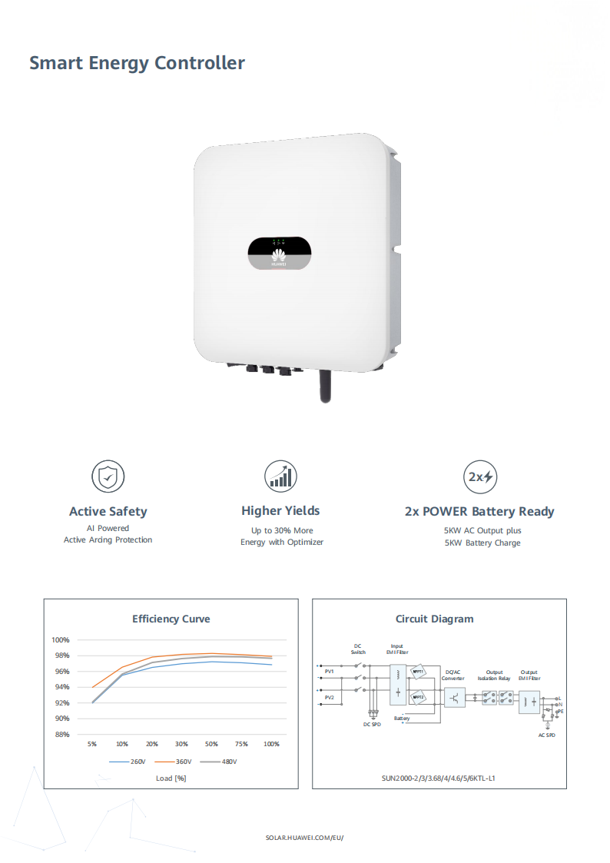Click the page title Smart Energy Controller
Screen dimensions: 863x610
[137, 63]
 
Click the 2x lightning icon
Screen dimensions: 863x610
[479, 476]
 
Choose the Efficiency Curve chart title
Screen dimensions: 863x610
[171, 619]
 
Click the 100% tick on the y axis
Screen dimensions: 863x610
[61, 640]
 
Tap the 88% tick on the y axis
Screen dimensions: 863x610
[61, 734]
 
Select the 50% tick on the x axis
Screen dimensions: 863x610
[211, 745]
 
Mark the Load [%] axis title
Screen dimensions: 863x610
[171, 778]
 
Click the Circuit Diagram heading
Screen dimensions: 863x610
[434, 619]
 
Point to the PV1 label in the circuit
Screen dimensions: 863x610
[330, 672]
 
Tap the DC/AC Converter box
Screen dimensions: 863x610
[455, 698]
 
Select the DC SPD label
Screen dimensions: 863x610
[372, 724]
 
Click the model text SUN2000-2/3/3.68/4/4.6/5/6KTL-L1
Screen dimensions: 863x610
[439, 778]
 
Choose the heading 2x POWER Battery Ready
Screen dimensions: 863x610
[479, 512]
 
